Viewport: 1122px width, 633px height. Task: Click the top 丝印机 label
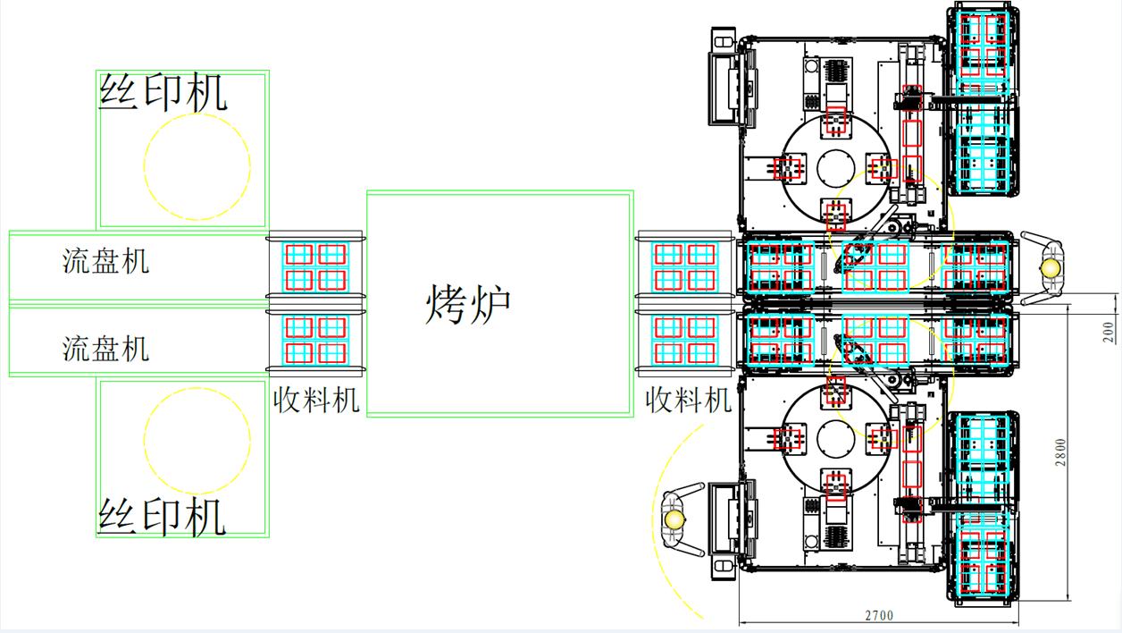tap(163, 93)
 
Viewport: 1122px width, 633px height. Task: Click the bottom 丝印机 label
tap(162, 518)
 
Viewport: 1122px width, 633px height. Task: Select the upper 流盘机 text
tap(105, 261)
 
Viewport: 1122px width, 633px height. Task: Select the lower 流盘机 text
tap(105, 348)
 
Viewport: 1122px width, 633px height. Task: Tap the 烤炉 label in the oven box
tap(468, 303)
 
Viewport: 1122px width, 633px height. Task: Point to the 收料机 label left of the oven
tap(315, 400)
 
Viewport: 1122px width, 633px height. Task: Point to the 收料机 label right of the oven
tap(689, 400)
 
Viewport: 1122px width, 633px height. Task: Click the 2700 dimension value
tap(879, 615)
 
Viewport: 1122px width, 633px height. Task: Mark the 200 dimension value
tap(1109, 332)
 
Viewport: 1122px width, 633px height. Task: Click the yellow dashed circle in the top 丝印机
tap(197, 166)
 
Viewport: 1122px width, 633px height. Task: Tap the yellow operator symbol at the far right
tap(1052, 266)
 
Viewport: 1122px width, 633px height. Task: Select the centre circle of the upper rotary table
tap(836, 167)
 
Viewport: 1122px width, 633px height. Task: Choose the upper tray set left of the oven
tap(315, 266)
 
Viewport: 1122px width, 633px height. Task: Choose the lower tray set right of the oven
tap(685, 340)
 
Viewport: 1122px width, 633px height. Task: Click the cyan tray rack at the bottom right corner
tap(983, 505)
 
